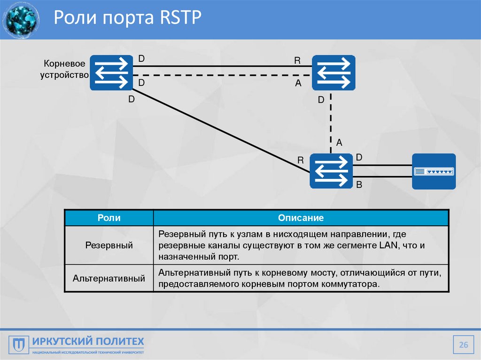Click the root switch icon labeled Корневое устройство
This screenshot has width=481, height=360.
pos(111,73)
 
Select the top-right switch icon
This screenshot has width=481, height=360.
pos(334,73)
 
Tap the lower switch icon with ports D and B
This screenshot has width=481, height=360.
pos(331,171)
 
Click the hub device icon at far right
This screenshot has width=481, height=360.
pos(434,171)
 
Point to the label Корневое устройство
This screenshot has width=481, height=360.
pos(65,69)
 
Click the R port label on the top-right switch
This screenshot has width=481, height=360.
pos(297,61)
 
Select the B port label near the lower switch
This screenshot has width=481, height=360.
pos(359,185)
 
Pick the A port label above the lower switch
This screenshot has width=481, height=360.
pos(339,142)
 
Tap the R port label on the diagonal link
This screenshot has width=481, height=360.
pos(301,161)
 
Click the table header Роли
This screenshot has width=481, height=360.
pos(109,218)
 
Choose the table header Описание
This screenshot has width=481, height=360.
pos(301,218)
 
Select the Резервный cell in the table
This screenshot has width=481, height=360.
pos(109,245)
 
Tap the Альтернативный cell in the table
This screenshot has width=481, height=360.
pos(109,278)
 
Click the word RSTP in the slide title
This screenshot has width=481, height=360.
pos(180,19)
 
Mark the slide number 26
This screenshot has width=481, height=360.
pos(464,345)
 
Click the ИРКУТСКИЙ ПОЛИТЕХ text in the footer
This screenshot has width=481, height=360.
pos(88,341)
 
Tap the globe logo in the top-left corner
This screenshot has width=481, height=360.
pos(20,19)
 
